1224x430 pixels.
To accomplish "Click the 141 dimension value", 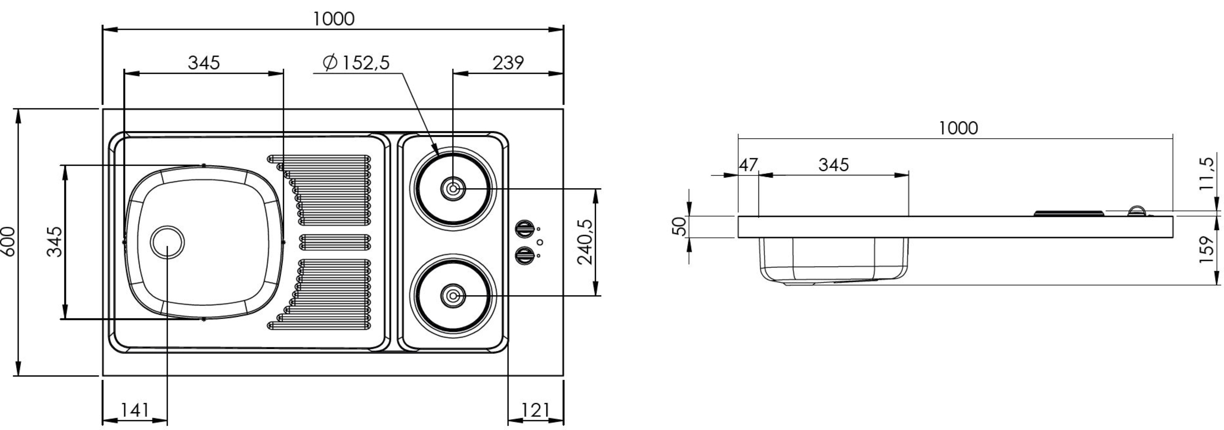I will pyautogui.click(x=135, y=410).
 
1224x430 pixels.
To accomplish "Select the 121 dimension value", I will pyautogui.click(x=535, y=410).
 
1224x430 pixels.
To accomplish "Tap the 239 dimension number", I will pyautogui.click(x=508, y=62).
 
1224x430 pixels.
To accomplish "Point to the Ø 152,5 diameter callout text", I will pyautogui.click(x=356, y=62).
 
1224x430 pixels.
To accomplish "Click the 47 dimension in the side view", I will pyautogui.click(x=748, y=165).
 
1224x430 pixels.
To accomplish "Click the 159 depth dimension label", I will pyautogui.click(x=1207, y=250).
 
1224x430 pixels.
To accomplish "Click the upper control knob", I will pyautogui.click(x=525, y=229).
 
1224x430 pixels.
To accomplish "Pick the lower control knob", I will pyautogui.click(x=525, y=256).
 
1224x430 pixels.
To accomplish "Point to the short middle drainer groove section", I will pyautogui.click(x=335, y=242).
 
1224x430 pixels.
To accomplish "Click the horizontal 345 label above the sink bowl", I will pyautogui.click(x=204, y=62).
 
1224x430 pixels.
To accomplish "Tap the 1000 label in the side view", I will pyautogui.click(x=958, y=128).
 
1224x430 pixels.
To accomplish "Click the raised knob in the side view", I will pyautogui.click(x=1137, y=212).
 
